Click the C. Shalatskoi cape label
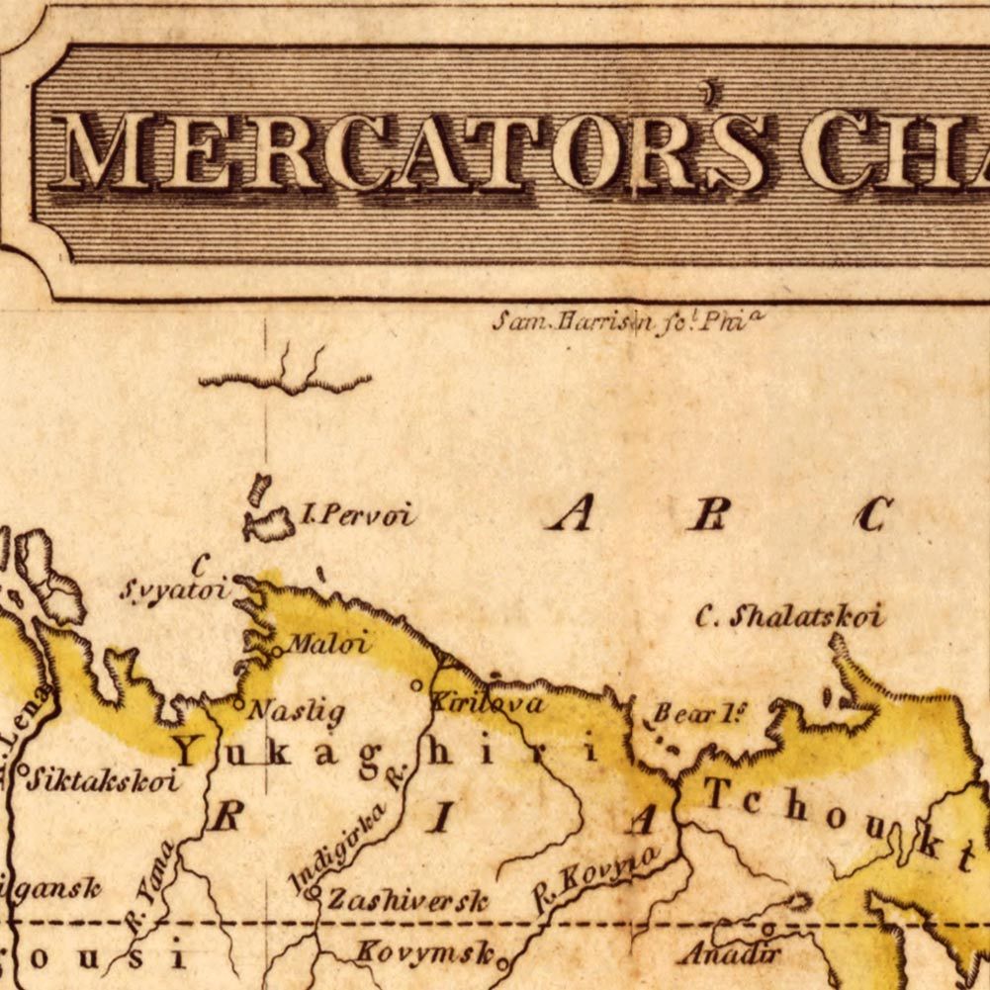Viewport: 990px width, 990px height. coord(788,617)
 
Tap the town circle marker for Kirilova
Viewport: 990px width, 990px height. coord(417,683)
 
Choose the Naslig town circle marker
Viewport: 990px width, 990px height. coord(237,704)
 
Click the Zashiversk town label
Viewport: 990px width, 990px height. coord(407,901)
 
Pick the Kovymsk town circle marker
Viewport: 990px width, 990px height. coord(502,960)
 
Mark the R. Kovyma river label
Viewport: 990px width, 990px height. coord(596,872)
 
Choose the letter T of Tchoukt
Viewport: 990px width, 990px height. coord(717,793)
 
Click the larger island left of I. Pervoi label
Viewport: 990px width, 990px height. coord(269,525)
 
